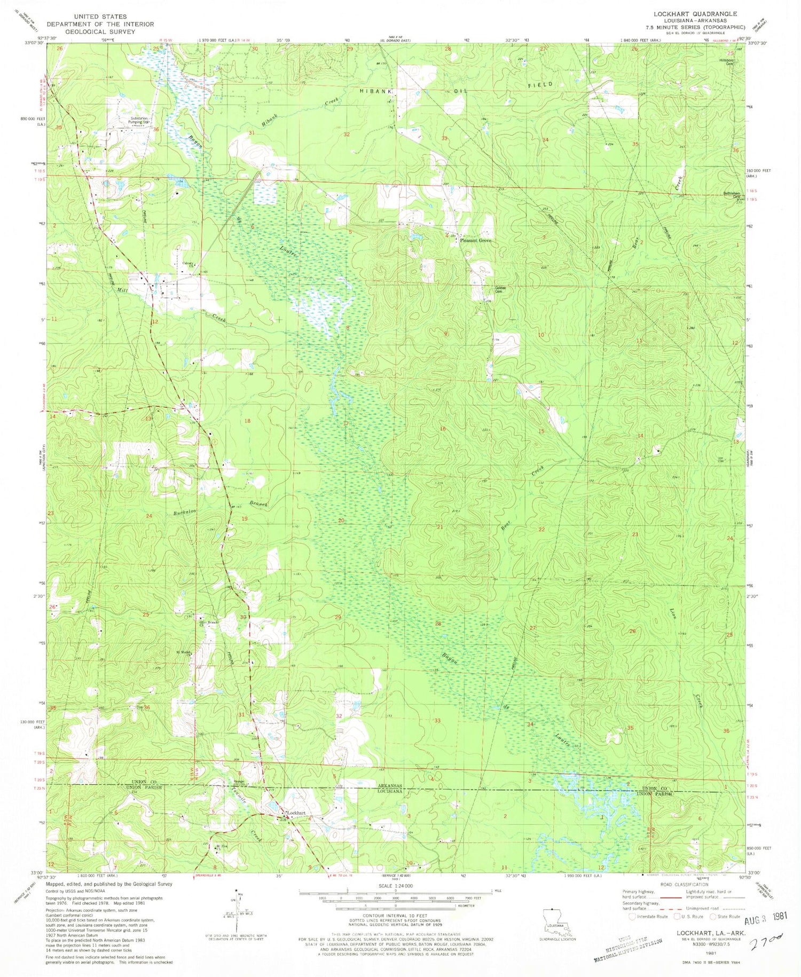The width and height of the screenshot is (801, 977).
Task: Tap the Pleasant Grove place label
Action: coord(475,241)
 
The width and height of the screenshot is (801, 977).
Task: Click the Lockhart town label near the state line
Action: coord(297,813)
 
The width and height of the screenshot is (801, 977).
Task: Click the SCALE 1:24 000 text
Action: coord(395,886)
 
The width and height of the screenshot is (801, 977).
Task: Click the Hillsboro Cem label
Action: coord(727,62)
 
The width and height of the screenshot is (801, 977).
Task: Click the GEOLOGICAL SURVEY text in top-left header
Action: coord(100,31)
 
